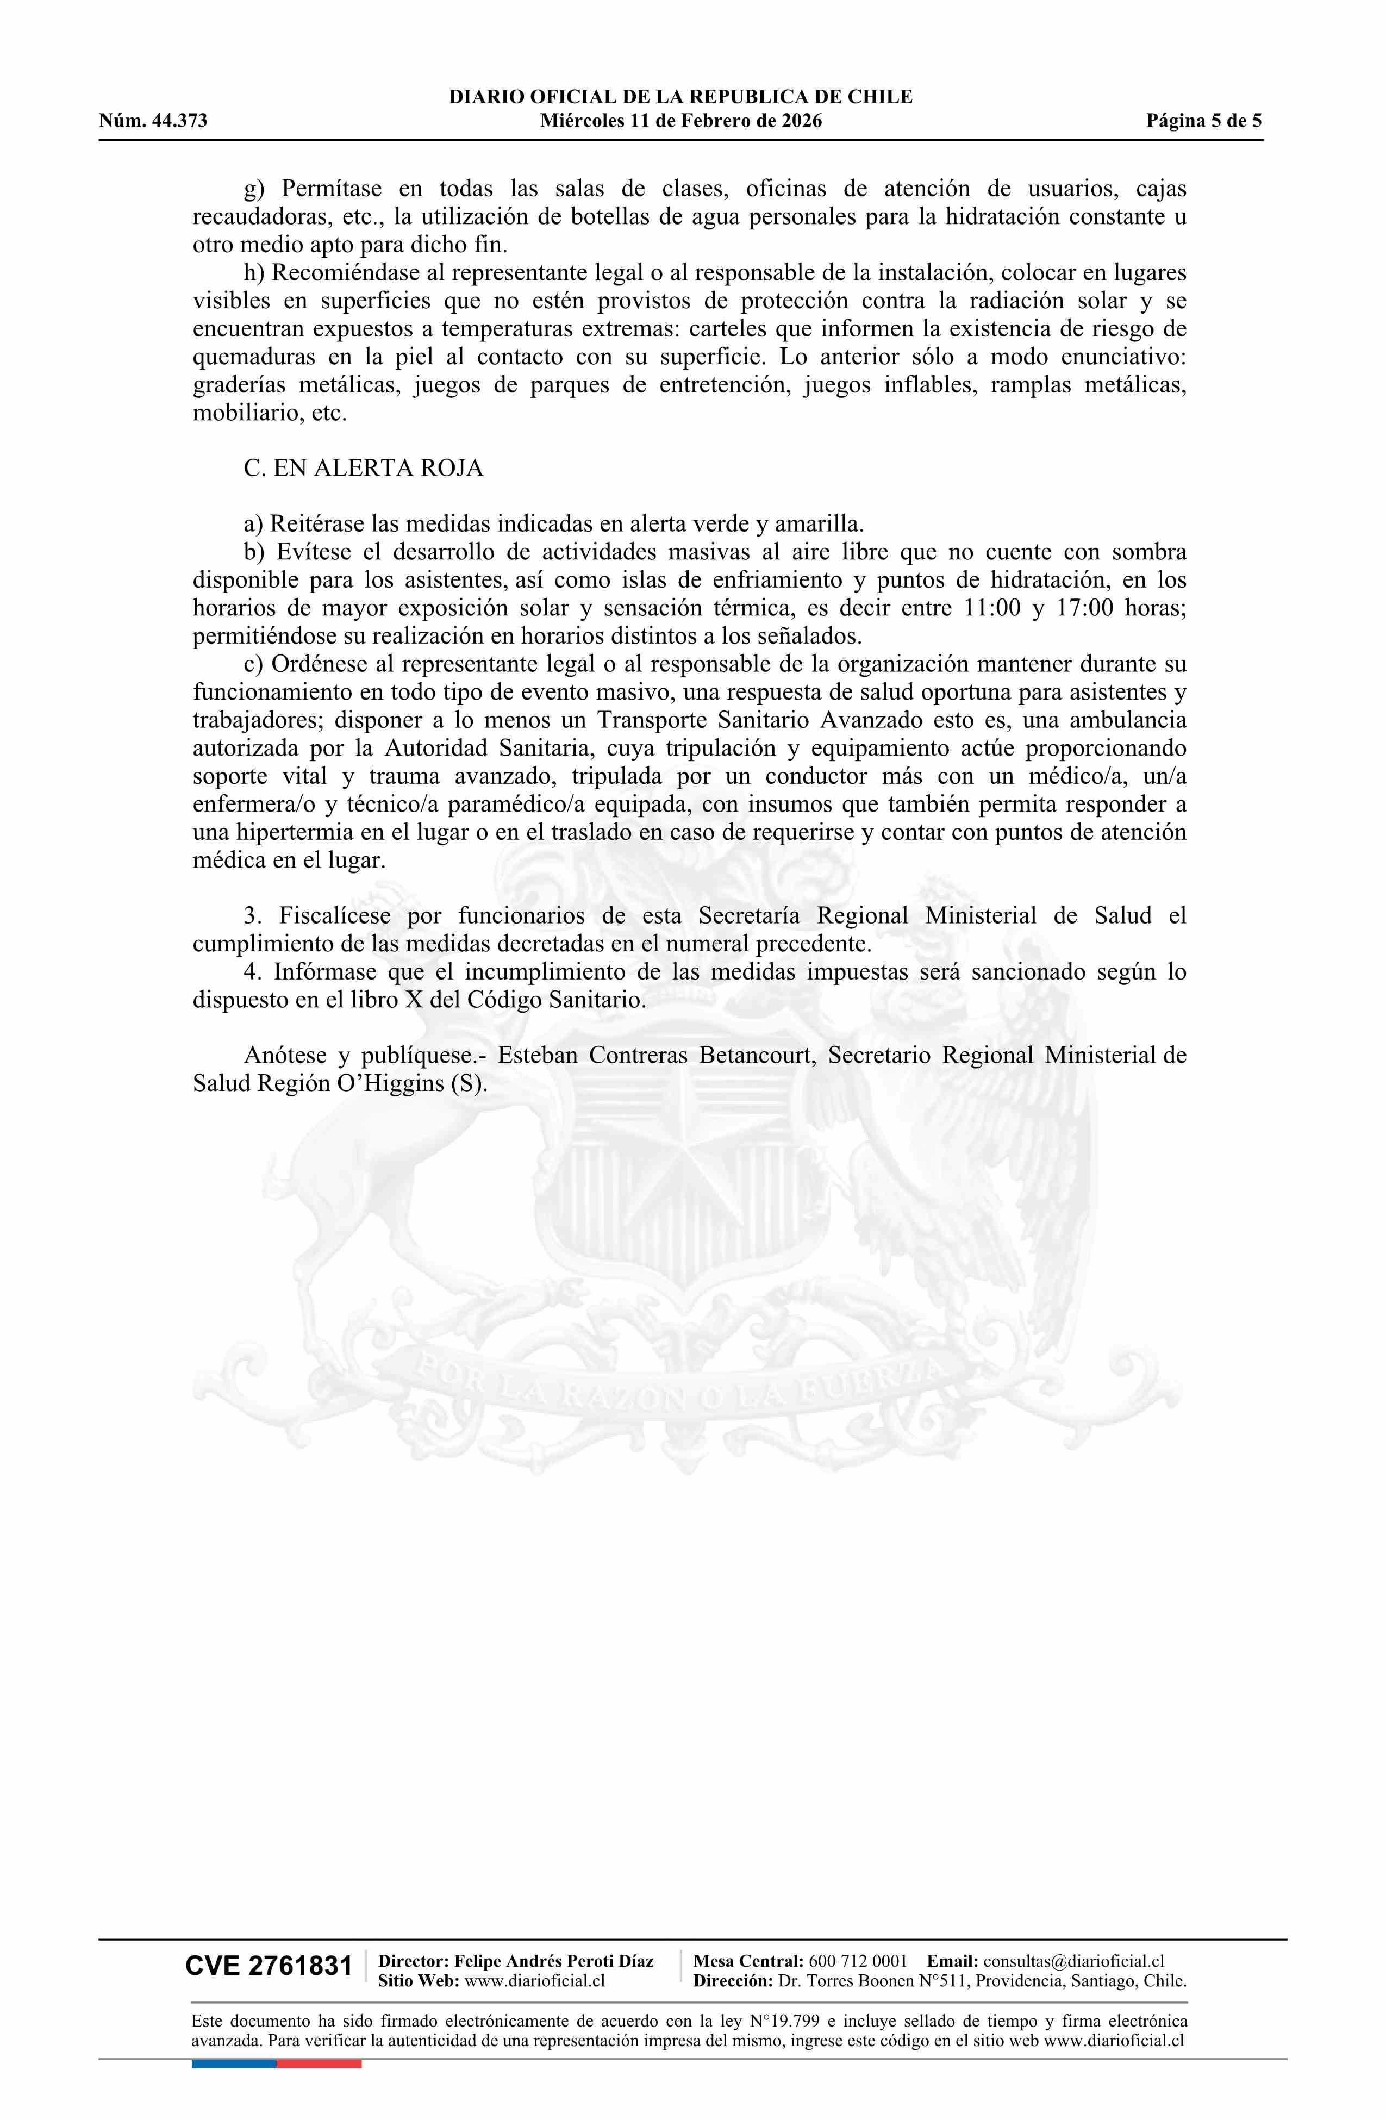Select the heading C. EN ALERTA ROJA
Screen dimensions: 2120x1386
point(364,469)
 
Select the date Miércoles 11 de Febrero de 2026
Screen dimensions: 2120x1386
point(680,121)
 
